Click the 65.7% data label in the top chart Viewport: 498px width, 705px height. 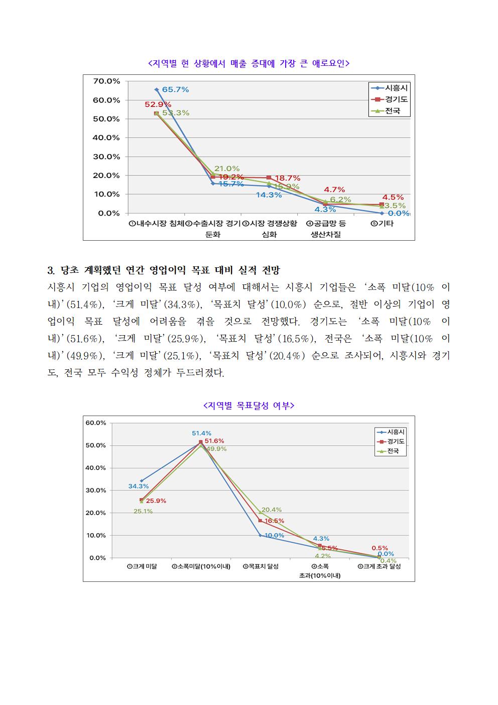coord(175,89)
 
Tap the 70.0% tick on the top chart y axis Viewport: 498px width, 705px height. coord(106,81)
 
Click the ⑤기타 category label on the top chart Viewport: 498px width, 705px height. coord(382,224)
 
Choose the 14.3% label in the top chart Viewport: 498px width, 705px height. coord(269,195)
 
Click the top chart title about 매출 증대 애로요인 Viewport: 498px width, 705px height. coord(249,63)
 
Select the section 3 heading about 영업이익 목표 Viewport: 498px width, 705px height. coord(164,270)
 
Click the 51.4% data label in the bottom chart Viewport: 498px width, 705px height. coord(201,433)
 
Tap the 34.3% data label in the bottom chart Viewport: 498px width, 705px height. coord(138,486)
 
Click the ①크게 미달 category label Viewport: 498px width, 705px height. coord(142,566)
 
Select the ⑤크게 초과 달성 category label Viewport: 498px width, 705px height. coord(379,566)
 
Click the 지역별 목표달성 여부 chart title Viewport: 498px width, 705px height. coord(249,405)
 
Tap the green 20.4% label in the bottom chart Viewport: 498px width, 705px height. coord(271,510)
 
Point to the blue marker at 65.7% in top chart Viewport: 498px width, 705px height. coord(157,89)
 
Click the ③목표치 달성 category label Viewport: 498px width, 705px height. coord(261,566)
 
